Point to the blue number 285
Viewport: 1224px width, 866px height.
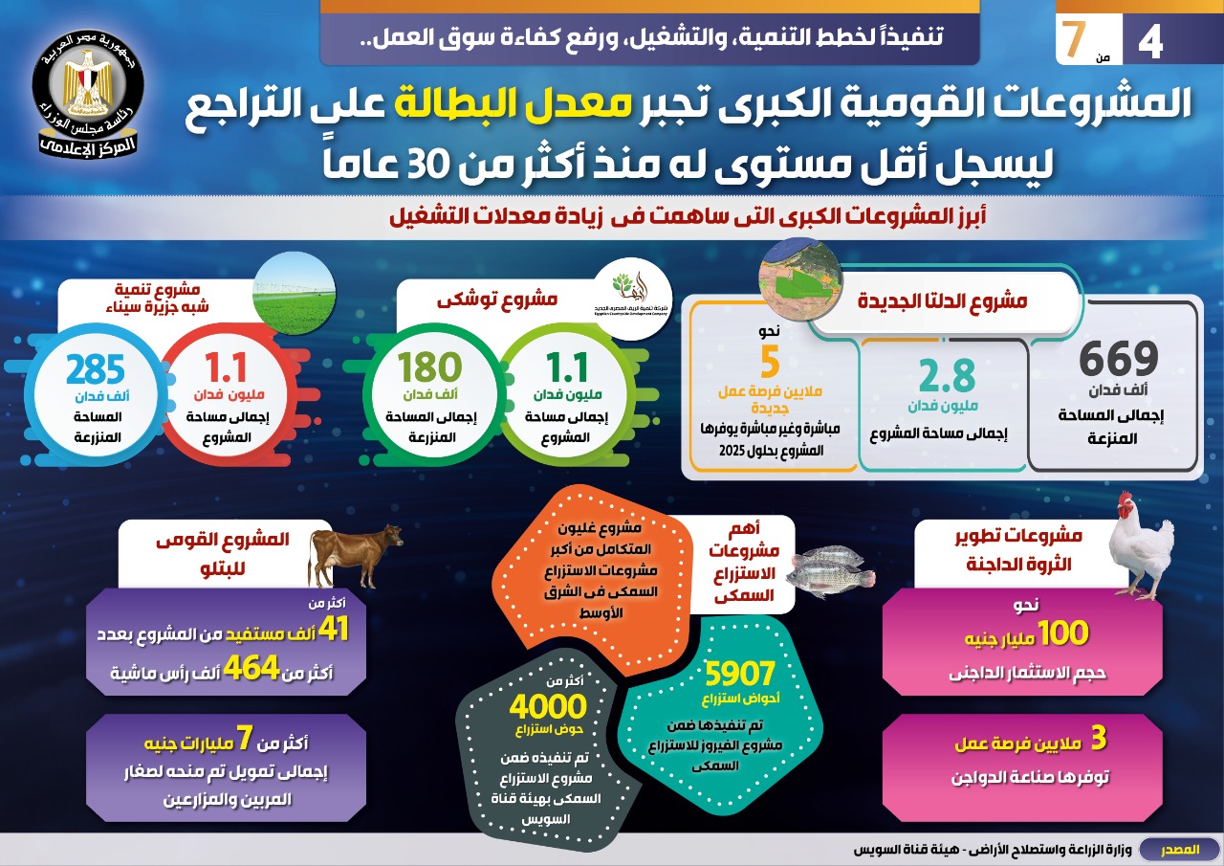click(96, 370)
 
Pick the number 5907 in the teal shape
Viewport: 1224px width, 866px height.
click(739, 676)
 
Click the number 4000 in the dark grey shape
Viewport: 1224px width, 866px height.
click(547, 707)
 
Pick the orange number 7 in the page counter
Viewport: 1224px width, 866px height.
click(1076, 36)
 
